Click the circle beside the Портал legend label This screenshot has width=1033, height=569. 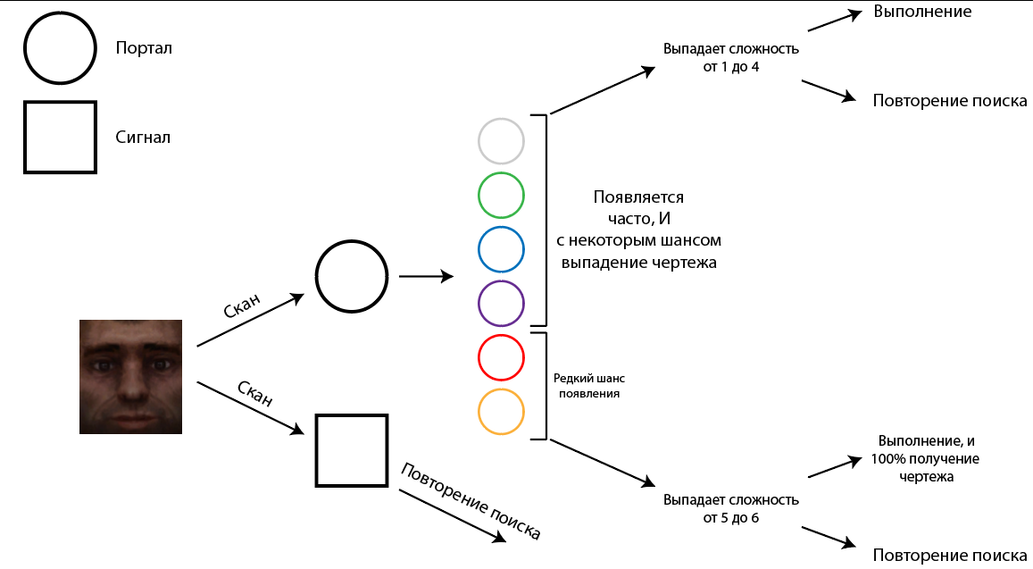tap(60, 48)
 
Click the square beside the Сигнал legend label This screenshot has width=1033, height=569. tap(60, 137)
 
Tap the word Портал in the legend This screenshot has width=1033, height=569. tap(144, 48)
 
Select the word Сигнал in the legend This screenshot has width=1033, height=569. tap(143, 138)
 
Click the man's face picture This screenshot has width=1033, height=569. tap(130, 376)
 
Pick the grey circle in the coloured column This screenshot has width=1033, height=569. tap(501, 141)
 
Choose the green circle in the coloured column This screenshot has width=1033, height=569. tap(501, 195)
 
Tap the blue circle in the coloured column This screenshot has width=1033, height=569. tap(501, 249)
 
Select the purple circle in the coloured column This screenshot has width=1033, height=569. tap(501, 303)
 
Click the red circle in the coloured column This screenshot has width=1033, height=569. tap(501, 357)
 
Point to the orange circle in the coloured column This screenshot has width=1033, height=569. tap(501, 412)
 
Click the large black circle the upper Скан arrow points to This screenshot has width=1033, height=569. tap(352, 277)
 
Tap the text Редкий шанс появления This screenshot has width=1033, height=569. tap(589, 386)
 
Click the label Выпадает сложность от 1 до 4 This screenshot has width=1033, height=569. tap(730, 58)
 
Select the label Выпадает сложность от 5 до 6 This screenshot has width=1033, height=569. tap(730, 508)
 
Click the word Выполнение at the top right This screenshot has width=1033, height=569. tap(922, 12)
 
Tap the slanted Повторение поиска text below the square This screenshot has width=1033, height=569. tap(471, 501)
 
